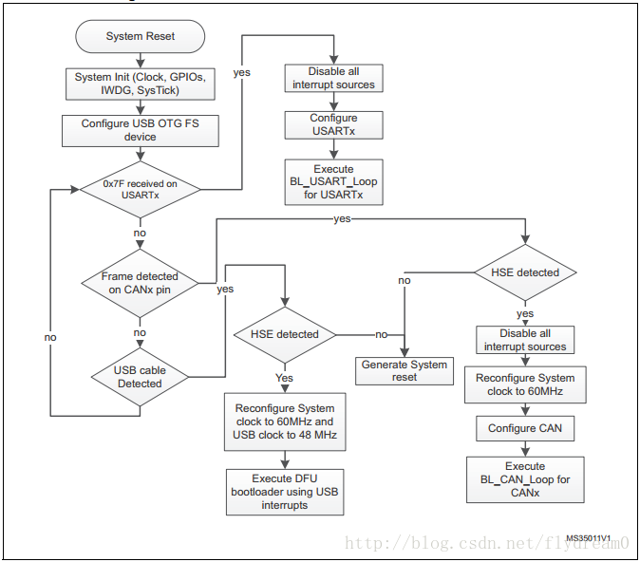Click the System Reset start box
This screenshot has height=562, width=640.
pos(140,36)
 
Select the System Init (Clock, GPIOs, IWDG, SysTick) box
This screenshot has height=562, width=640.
pos(141,84)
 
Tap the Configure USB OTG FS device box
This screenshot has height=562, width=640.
pos(141,131)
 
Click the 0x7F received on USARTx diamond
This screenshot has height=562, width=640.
pos(140,189)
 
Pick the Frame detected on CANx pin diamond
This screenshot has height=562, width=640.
pos(140,283)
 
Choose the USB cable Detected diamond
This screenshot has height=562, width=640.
pos(140,377)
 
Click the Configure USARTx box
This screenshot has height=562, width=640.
pos(333,125)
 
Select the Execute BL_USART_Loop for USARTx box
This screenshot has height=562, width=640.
pos(333,182)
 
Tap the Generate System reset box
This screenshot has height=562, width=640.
pos(405,371)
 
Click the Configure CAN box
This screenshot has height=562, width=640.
pos(525,428)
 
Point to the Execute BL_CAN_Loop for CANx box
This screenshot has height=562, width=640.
pos(525,479)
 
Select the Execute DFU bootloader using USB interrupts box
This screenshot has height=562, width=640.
pos(285,492)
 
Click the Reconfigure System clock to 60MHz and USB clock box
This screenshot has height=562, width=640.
pos(285,421)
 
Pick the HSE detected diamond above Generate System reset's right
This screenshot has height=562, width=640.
pos(525,272)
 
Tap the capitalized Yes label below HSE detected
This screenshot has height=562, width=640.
pos(284,378)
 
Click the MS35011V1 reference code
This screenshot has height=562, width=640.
pos(588,538)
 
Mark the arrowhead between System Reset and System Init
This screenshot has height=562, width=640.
pos(141,64)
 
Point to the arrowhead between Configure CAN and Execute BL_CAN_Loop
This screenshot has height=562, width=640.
pos(525,452)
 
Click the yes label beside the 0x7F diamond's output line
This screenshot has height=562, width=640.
pos(241,73)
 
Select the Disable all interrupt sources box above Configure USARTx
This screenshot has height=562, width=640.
pos(333,78)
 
